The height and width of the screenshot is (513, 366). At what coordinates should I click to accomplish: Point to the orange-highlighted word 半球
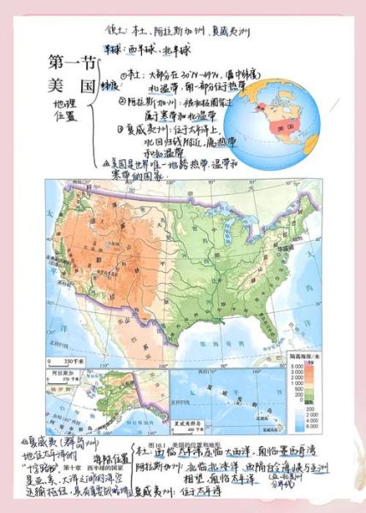click(x=115, y=50)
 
